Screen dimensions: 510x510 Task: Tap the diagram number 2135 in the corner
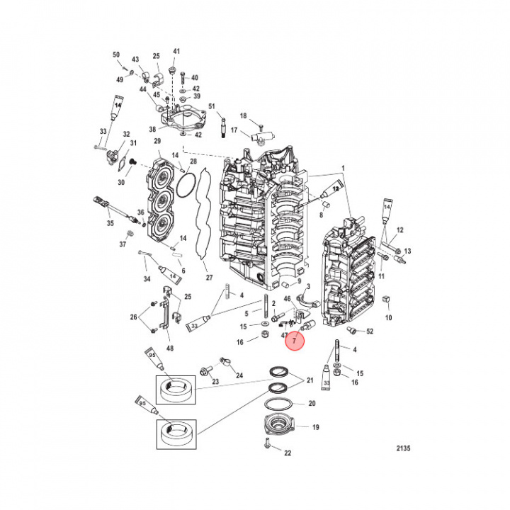pyautogui.click(x=402, y=448)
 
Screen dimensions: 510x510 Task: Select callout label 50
pyautogui.click(x=116, y=55)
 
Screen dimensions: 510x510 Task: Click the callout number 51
pyautogui.click(x=211, y=107)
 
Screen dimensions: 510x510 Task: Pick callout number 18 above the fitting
pyautogui.click(x=242, y=116)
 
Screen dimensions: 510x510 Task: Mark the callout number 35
pyautogui.click(x=110, y=223)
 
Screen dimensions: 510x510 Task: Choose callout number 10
pyautogui.click(x=388, y=318)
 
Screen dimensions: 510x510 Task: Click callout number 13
pyautogui.click(x=407, y=251)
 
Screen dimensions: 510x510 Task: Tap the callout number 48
pyautogui.click(x=169, y=348)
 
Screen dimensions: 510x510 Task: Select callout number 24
pyautogui.click(x=239, y=375)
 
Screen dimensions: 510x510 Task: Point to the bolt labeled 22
pyautogui.click(x=266, y=444)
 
